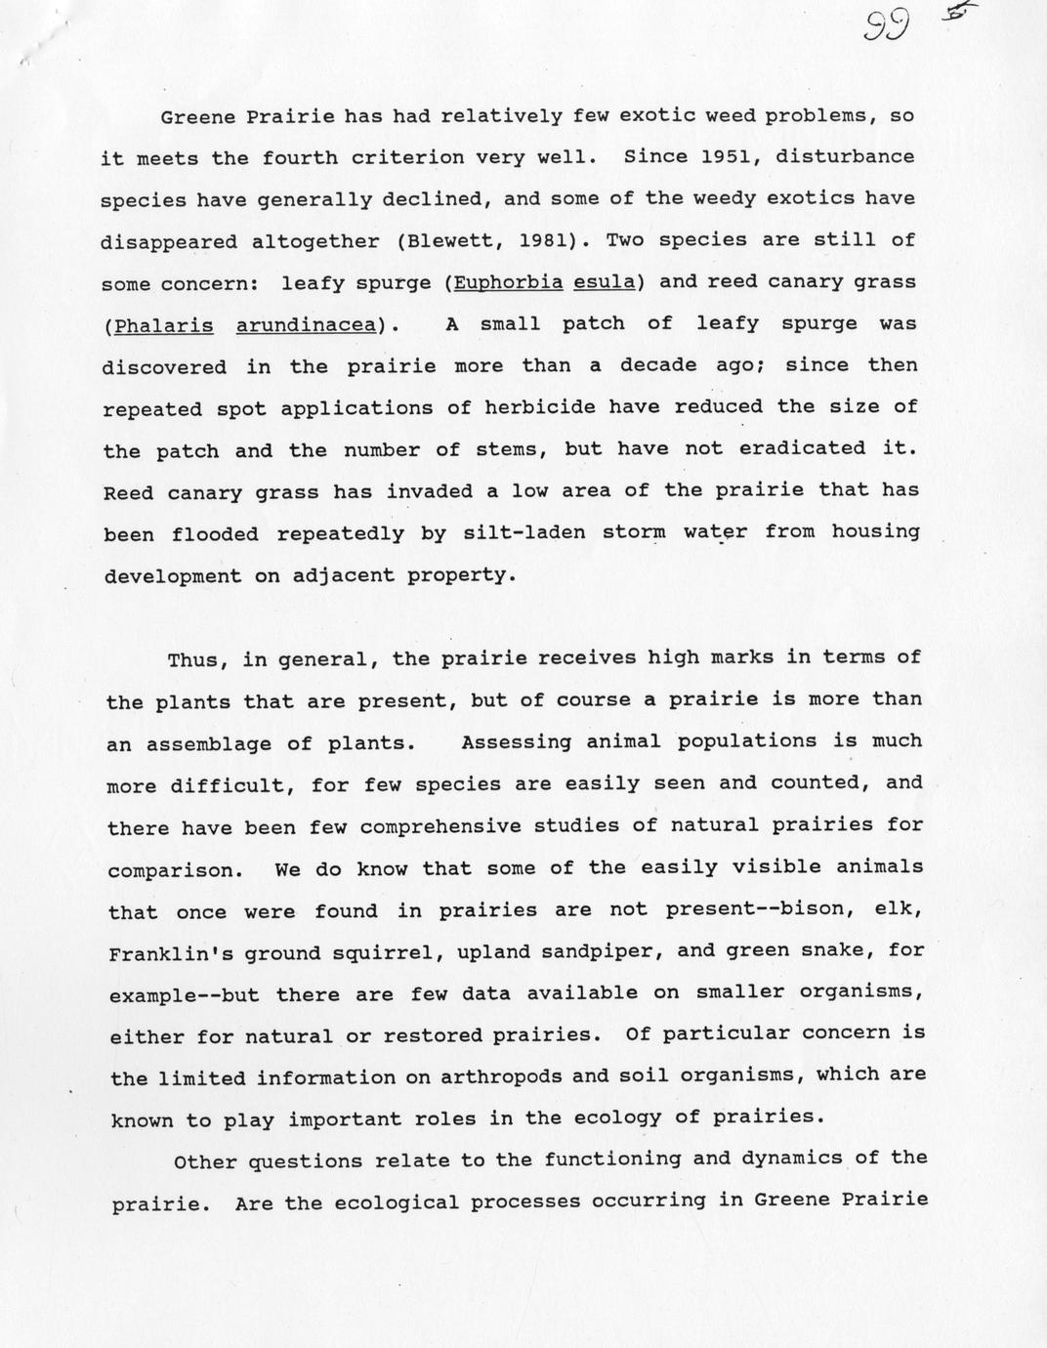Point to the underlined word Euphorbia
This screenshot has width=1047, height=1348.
coord(509,283)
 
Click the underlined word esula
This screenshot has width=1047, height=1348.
coord(605,283)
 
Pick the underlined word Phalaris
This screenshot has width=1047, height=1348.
coord(163,325)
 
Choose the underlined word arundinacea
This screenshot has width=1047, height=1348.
coord(306,325)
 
